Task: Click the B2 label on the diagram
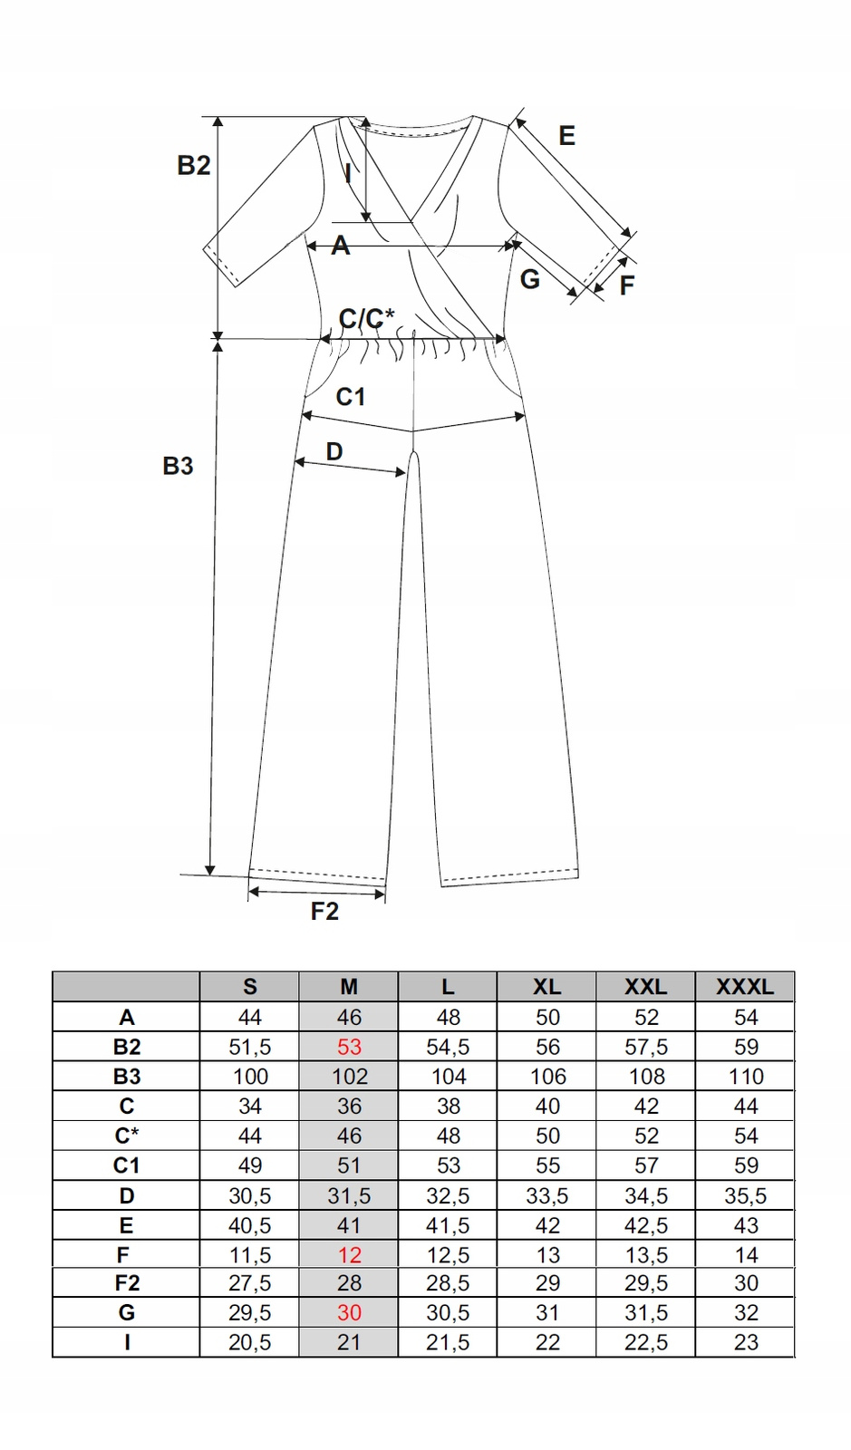click(194, 166)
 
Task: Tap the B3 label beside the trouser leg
click(178, 466)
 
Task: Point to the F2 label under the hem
click(324, 912)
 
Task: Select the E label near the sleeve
click(567, 136)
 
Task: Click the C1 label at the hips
click(351, 397)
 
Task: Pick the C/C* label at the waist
click(367, 318)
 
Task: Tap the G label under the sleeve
click(530, 280)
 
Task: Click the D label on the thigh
click(334, 452)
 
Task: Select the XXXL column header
click(745, 987)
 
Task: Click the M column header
click(349, 987)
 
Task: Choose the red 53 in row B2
click(349, 1048)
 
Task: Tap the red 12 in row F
click(349, 1256)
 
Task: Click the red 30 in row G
click(349, 1313)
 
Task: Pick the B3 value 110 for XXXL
click(746, 1077)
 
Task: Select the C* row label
click(127, 1136)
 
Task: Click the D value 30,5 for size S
click(250, 1196)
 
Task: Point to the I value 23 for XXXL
click(746, 1342)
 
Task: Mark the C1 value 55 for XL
click(547, 1165)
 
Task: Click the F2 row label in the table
click(127, 1283)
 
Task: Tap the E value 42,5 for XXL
click(646, 1226)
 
